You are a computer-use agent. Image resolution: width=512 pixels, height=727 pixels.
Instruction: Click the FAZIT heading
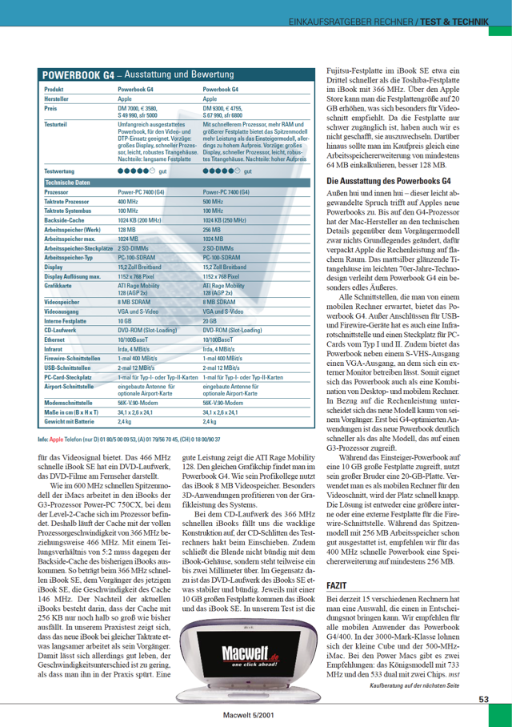click(x=337, y=564)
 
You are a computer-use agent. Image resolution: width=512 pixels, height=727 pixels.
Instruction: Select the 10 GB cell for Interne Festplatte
click(x=124, y=320)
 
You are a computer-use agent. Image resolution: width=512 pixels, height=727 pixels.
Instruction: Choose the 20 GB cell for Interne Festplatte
click(x=210, y=320)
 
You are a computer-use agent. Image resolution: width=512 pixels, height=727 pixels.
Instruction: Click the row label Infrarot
click(x=54, y=348)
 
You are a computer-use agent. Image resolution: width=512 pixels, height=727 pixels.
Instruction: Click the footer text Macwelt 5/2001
click(x=245, y=717)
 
